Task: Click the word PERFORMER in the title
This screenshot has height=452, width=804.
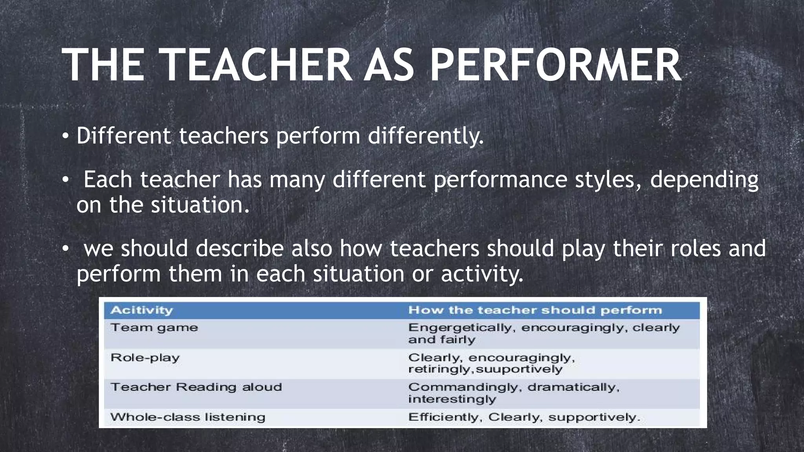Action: click(555, 65)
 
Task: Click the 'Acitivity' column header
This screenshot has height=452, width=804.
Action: click(142, 310)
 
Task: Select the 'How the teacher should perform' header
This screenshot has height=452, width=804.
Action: click(535, 310)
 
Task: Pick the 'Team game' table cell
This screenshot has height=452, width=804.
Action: click(154, 328)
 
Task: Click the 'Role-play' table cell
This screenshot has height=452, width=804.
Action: click(145, 358)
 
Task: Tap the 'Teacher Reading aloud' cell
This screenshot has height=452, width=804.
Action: click(196, 387)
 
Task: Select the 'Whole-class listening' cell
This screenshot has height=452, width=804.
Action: click(188, 417)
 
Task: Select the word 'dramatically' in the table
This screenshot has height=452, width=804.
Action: click(574, 388)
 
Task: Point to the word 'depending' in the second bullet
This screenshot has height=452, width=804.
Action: click(704, 180)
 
